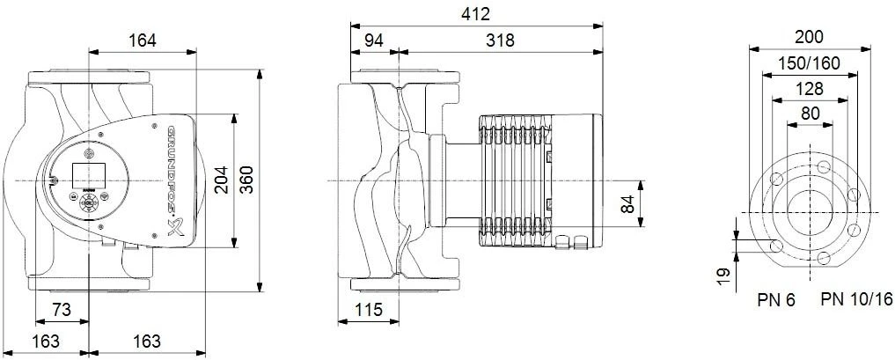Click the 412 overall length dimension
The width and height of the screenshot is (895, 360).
pos(476,14)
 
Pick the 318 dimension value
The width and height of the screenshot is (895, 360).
pos(499,40)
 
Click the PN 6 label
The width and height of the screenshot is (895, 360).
pos(775,301)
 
